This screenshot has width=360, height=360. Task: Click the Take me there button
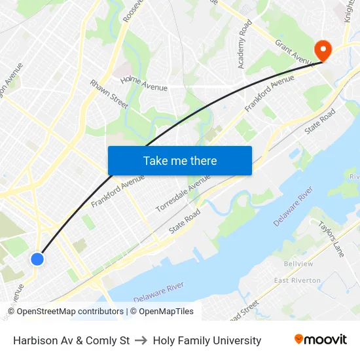pyautogui.click(x=180, y=161)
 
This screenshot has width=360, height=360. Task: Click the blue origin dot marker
pyautogui.click(x=37, y=259)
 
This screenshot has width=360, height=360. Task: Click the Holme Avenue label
pyautogui.click(x=144, y=83)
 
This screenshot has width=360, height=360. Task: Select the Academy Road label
pyautogui.click(x=244, y=45)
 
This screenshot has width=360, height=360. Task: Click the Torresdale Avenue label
pyautogui.click(x=183, y=192)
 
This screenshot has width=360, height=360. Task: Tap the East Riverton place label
pyautogui.click(x=297, y=281)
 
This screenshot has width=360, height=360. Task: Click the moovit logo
pyautogui.click(x=321, y=340)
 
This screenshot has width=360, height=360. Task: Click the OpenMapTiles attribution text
pyautogui.click(x=166, y=312)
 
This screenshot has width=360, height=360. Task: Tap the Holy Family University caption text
pyautogui.click(x=207, y=340)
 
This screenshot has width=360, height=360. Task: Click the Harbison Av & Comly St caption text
pyautogui.click(x=71, y=340)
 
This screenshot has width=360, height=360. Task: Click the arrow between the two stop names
pyautogui.click(x=141, y=340)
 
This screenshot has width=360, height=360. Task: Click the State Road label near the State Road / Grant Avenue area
pyautogui.click(x=320, y=122)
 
